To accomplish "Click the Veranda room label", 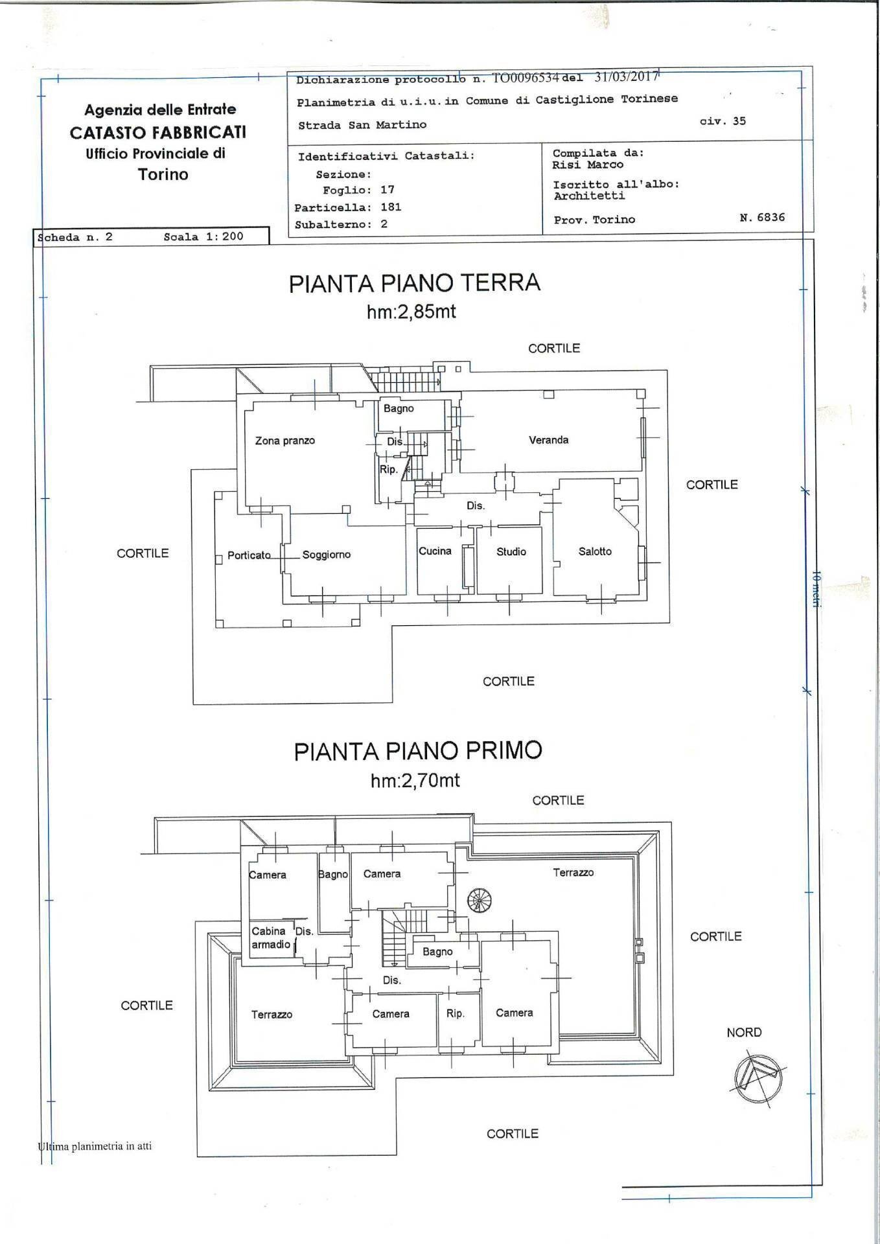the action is [x=548, y=440].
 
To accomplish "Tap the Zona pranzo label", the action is [x=285, y=441].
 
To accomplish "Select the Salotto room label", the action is [x=595, y=551].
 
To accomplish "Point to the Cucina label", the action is [x=435, y=551].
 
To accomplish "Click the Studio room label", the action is [x=511, y=551].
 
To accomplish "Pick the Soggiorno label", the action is [x=327, y=555].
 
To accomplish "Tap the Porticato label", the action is [x=249, y=555].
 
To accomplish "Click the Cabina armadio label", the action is [x=271, y=938].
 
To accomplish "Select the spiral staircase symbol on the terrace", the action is [x=480, y=900].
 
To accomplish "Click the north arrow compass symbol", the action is [x=758, y=1077].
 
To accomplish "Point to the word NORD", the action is [x=744, y=1032].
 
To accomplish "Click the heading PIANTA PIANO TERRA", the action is [x=415, y=283].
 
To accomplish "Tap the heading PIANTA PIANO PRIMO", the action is [x=418, y=750].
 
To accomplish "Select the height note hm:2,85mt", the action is [x=411, y=312].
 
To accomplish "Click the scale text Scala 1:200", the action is [x=203, y=236].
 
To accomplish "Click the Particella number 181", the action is [x=391, y=207].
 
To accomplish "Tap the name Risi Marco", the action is [x=588, y=165].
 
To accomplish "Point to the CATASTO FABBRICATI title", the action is [x=158, y=132].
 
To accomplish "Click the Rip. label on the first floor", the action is [x=456, y=1013].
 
